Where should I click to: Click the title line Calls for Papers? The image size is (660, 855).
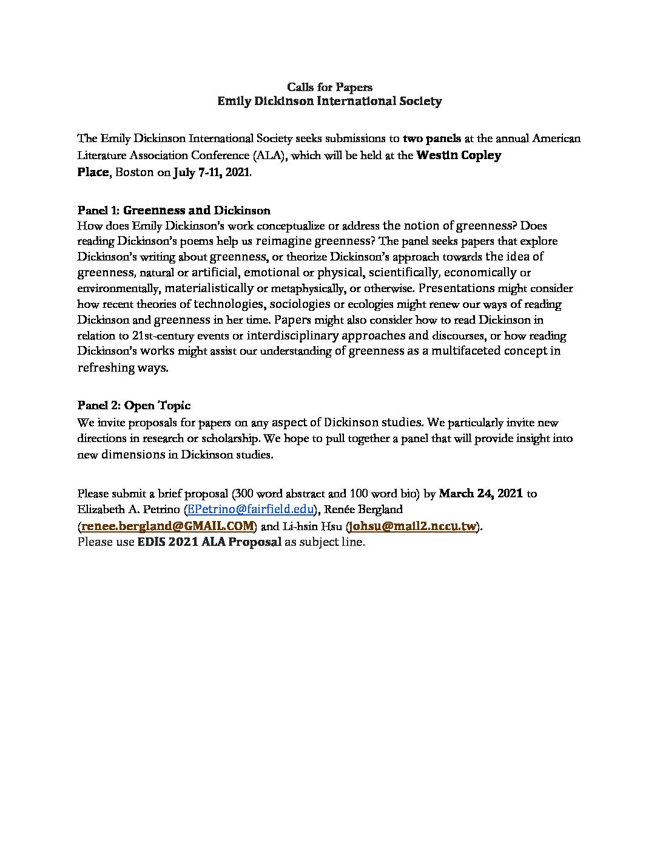tap(329, 87)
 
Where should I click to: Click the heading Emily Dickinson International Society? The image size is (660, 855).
tap(329, 101)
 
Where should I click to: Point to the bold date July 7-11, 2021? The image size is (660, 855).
tap(211, 172)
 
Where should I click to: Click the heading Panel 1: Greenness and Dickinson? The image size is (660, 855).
tap(173, 211)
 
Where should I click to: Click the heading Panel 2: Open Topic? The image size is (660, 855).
tap(133, 406)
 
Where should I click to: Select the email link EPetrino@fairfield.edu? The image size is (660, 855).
tap(251, 509)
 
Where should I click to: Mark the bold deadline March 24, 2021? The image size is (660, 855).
tap(480, 494)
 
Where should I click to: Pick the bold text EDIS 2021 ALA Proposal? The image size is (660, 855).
tap(209, 542)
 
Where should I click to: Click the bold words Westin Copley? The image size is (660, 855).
tap(459, 155)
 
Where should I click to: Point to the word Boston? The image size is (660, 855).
tap(135, 172)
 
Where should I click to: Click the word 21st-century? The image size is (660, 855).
tap(163, 336)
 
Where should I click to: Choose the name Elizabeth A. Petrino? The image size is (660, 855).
tap(128, 509)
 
